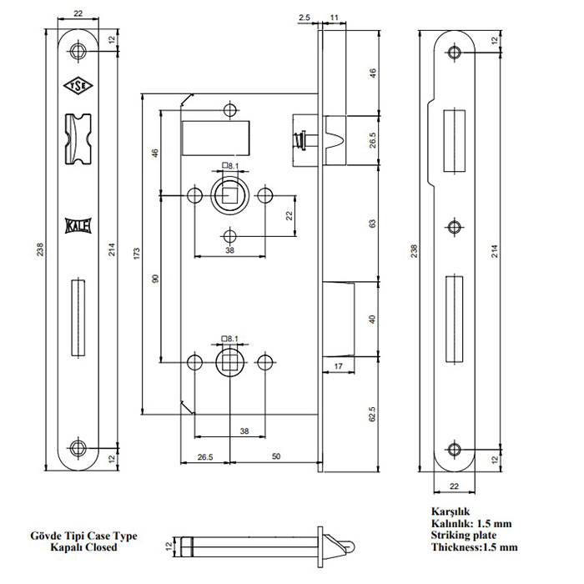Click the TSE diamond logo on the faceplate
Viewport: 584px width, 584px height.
point(78,86)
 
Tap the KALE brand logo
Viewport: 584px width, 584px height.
point(78,226)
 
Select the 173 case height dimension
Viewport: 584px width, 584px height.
point(137,254)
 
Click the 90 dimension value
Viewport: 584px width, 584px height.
point(155,279)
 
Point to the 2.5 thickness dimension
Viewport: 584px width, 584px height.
point(305,18)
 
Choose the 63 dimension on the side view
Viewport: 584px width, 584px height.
point(372,224)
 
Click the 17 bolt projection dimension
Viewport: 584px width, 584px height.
point(338,366)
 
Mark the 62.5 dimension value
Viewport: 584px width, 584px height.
point(372,414)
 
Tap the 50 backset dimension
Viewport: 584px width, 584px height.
point(276,456)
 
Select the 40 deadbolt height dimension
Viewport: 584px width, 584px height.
point(372,320)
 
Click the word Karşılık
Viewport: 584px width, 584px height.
point(451,511)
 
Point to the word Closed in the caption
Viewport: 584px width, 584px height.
point(101,547)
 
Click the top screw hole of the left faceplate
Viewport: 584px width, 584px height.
point(78,51)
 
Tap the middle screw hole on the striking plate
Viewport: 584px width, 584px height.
point(454,227)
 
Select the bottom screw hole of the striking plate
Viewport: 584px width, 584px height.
point(454,450)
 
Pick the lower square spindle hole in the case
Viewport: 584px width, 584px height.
point(229,361)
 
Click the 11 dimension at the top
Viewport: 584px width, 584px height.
point(334,18)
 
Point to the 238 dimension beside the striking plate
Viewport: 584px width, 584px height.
point(414,251)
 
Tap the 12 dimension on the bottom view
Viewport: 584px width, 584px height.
point(169,546)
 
